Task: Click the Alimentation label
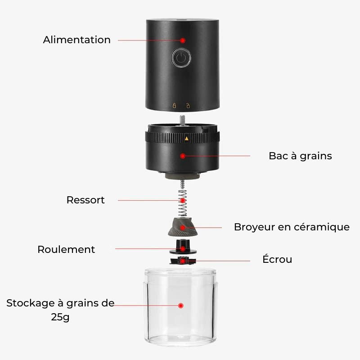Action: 76,40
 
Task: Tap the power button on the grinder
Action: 181,58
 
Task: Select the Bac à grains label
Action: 300,156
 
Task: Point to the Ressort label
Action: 85,200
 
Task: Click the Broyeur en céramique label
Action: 292,227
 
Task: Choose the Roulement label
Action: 66,249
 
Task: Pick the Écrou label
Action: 277,259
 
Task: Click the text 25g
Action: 60,317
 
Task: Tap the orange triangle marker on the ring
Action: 187,139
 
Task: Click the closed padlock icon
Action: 174,106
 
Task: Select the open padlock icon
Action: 188,106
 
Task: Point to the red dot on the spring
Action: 183,201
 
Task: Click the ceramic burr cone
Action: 183,227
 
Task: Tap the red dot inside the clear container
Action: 181,306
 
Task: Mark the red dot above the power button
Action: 183,40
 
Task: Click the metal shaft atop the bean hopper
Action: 182,121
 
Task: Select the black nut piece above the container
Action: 183,261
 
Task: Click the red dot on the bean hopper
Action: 183,156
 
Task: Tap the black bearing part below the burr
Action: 183,247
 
